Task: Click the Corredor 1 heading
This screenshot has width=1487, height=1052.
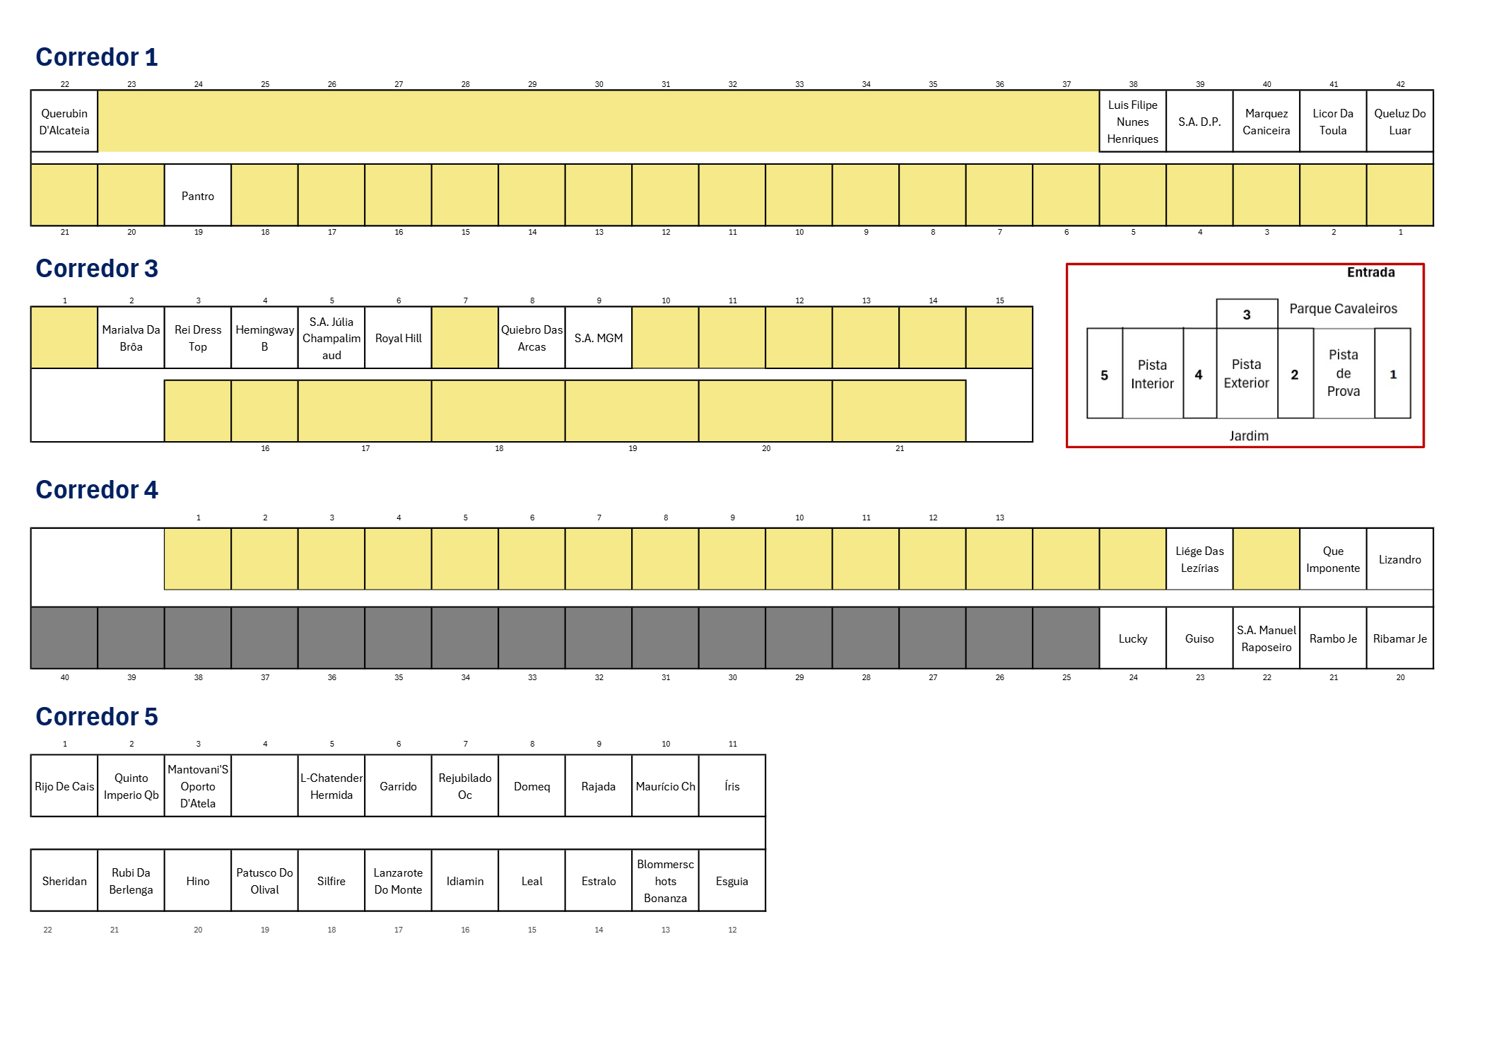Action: pyautogui.click(x=97, y=57)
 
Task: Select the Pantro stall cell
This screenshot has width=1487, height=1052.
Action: pyautogui.click(x=198, y=196)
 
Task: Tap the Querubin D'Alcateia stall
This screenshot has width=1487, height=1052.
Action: pyautogui.click(x=64, y=122)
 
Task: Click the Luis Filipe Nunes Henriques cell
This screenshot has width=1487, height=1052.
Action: pyautogui.click(x=1132, y=122)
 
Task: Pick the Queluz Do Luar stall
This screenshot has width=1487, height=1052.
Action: pyautogui.click(x=1399, y=122)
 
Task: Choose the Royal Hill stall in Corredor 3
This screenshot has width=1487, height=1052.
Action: pyautogui.click(x=398, y=338)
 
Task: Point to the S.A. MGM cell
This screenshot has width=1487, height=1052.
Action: pyautogui.click(x=599, y=338)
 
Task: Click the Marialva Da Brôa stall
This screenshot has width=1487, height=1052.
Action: pyautogui.click(x=131, y=338)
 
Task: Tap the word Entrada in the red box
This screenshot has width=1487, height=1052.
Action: pyautogui.click(x=1370, y=272)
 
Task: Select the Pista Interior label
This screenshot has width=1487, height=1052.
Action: pyautogui.click(x=1152, y=374)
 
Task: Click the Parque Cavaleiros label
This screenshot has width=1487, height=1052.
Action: pyautogui.click(x=1343, y=308)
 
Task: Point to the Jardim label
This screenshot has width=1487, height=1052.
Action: pyautogui.click(x=1248, y=436)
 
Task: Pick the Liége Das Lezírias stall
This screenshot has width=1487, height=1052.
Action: pyautogui.click(x=1199, y=559)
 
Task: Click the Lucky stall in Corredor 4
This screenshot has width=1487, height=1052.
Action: pyautogui.click(x=1132, y=638)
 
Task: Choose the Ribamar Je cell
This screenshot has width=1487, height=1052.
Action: pyautogui.click(x=1399, y=638)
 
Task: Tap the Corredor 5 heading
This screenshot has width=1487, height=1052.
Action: pyautogui.click(x=97, y=717)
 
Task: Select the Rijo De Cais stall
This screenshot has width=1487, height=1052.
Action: pyautogui.click(x=64, y=786)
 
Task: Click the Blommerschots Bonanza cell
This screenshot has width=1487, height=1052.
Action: pyautogui.click(x=665, y=881)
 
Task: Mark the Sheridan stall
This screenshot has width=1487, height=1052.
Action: pyautogui.click(x=64, y=881)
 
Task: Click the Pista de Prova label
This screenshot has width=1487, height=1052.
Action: pyautogui.click(x=1343, y=373)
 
